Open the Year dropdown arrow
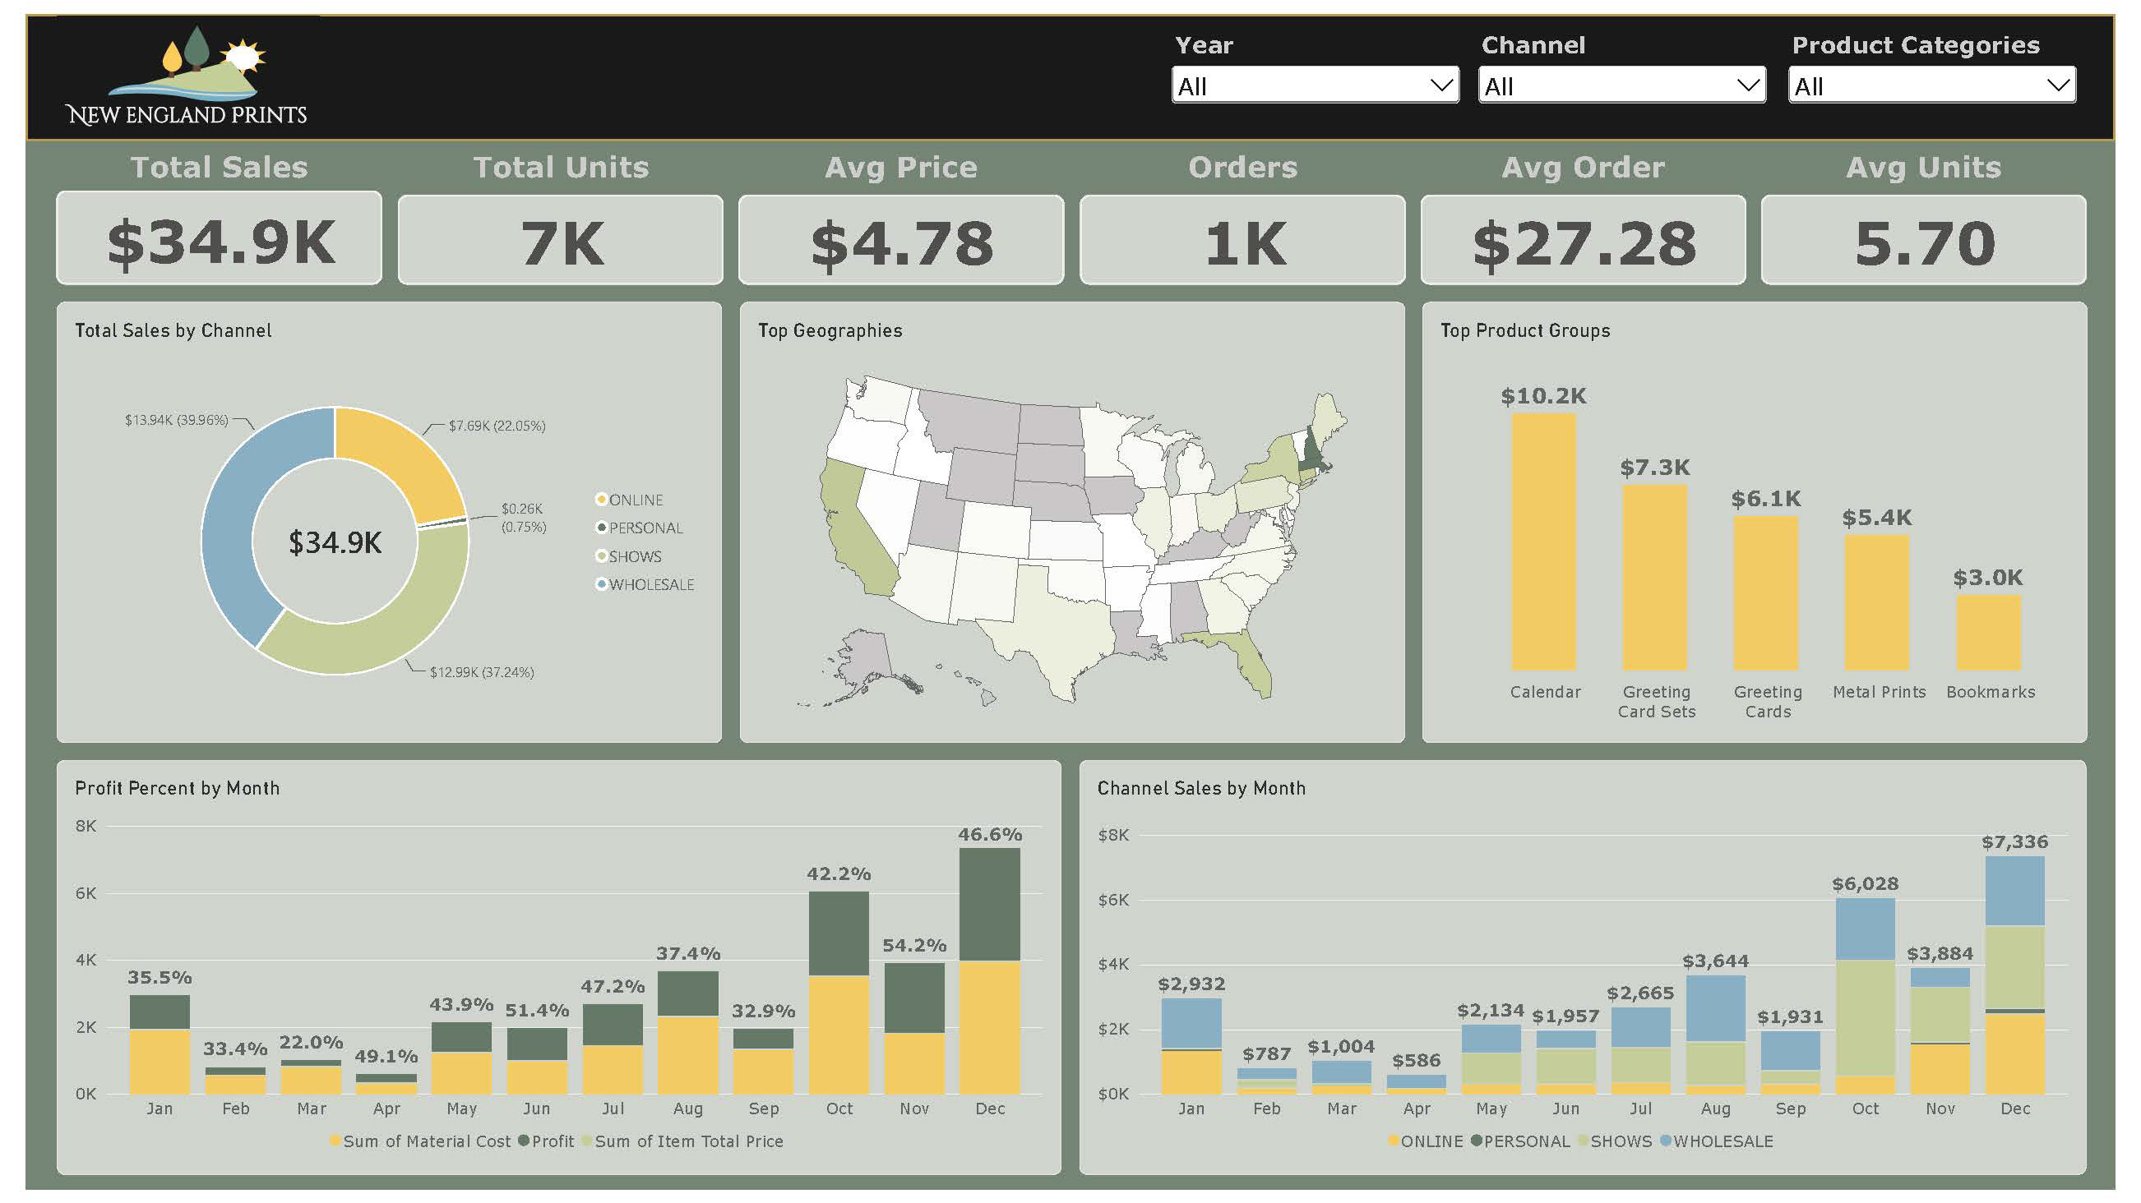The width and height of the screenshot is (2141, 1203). click(1441, 85)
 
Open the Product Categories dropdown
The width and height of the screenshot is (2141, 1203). click(1931, 85)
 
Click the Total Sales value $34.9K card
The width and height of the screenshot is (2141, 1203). click(220, 239)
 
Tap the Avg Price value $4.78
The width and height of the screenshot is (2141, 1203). click(902, 243)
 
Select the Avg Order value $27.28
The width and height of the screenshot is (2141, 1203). click(1584, 243)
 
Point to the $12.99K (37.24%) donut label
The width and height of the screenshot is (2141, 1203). click(481, 672)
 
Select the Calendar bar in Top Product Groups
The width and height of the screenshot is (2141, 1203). click(1543, 542)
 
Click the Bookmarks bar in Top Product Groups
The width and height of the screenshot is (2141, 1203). click(1988, 632)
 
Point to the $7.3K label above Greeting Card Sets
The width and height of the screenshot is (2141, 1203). click(1655, 468)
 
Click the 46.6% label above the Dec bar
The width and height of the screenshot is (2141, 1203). click(990, 834)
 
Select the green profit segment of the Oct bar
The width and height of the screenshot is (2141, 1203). click(839, 933)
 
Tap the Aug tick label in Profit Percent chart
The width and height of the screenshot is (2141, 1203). click(687, 1109)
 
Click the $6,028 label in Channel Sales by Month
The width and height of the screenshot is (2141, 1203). click(1865, 884)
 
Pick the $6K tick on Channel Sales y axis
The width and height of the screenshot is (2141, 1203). click(1114, 900)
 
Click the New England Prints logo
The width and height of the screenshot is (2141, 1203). click(186, 76)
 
